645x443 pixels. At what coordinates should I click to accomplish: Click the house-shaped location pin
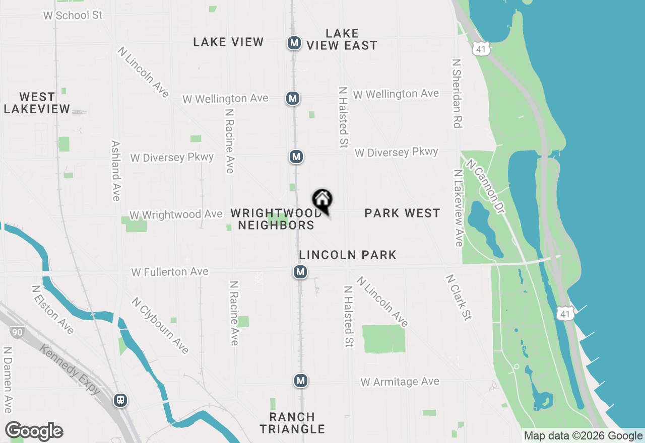point(322,200)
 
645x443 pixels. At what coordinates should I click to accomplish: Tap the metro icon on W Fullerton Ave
point(300,272)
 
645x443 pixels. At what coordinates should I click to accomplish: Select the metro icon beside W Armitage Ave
point(301,381)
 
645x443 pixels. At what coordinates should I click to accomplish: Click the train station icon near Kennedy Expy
point(120,400)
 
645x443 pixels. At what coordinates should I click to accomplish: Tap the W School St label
point(73,15)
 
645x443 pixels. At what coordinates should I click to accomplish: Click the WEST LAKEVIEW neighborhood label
point(37,103)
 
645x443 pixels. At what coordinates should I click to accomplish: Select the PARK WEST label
point(402,213)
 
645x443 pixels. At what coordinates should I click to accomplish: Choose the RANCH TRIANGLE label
point(292,423)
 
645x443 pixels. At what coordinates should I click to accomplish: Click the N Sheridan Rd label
point(457,93)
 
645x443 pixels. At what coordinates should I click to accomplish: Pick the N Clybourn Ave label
point(160,325)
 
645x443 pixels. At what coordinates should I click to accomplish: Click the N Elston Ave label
point(52,310)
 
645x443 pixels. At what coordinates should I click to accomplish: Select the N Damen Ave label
point(8,379)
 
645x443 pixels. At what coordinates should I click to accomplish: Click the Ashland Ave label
point(115,171)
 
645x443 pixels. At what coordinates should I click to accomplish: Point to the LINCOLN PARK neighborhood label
point(348,255)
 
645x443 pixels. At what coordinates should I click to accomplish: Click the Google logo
point(34,431)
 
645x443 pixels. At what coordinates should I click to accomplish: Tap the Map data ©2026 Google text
point(583,436)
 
